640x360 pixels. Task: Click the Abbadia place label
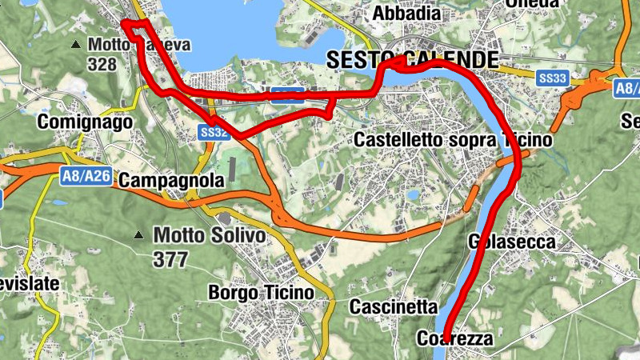(406, 14)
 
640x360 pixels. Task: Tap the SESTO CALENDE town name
(413, 59)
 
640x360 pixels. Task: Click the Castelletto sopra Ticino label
(453, 140)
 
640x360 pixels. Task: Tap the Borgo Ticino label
(261, 293)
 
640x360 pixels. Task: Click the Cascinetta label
(394, 307)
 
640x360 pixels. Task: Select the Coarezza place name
(455, 339)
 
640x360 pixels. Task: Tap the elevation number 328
(102, 64)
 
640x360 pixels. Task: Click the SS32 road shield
(214, 132)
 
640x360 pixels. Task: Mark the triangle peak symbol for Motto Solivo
(139, 236)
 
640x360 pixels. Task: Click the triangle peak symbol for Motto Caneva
(76, 44)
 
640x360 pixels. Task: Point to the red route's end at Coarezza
(446, 329)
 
